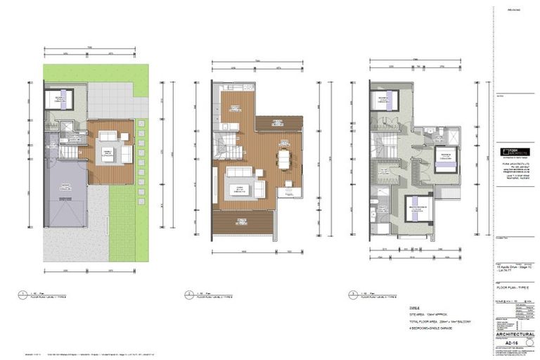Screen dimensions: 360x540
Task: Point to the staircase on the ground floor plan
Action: pyautogui.click(x=71, y=150)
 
